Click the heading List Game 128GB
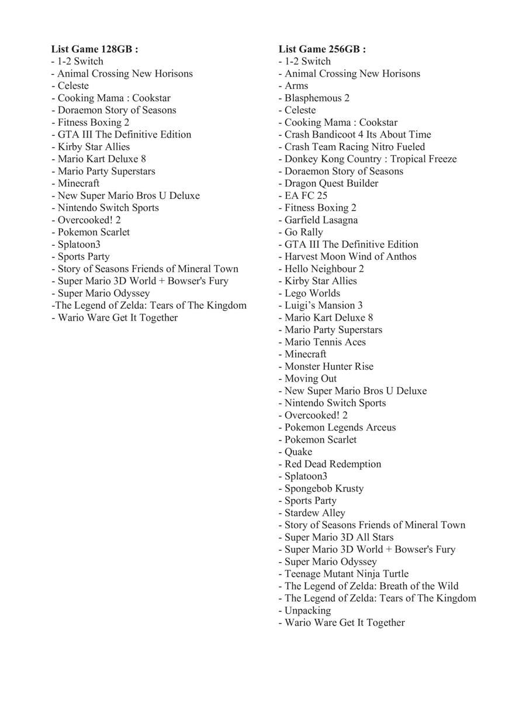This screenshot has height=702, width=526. (x=95, y=49)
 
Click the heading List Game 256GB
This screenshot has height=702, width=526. (x=322, y=49)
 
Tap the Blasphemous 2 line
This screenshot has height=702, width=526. (x=316, y=98)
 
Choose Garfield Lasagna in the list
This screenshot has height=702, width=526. (x=321, y=220)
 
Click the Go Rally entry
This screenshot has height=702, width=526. (x=303, y=232)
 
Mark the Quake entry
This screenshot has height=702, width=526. (x=298, y=452)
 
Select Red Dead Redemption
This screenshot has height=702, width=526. (x=333, y=464)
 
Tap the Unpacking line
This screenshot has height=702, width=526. (x=307, y=610)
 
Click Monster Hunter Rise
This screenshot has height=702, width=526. (x=328, y=366)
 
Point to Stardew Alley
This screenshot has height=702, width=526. (x=314, y=513)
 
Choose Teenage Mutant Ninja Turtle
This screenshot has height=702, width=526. (x=347, y=574)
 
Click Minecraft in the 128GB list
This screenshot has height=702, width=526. (x=78, y=183)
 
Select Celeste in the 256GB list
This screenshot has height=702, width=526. (x=300, y=110)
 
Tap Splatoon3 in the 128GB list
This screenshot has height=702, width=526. (x=79, y=245)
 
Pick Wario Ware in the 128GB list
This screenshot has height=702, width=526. (x=117, y=318)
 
